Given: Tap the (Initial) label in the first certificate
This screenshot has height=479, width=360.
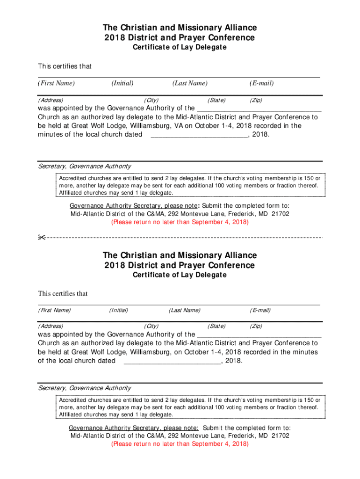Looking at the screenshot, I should (x=122, y=83).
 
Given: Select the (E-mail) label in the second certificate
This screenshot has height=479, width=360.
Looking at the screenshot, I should (x=260, y=310).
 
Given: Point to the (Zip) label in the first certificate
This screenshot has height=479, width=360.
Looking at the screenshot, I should (x=256, y=100).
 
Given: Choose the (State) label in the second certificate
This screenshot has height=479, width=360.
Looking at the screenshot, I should (x=216, y=326).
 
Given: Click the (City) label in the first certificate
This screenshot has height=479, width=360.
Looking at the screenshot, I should (x=151, y=100).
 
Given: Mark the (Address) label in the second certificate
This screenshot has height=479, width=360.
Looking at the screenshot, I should (x=51, y=326).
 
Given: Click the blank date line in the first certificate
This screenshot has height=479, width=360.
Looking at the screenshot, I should (x=199, y=135).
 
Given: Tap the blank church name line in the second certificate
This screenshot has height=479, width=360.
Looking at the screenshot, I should (x=259, y=334).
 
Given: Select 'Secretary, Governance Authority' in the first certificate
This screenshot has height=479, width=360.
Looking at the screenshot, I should (x=85, y=166).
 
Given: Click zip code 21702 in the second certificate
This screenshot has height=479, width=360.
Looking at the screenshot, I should (x=280, y=435).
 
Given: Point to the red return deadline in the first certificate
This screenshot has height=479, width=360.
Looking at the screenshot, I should (x=180, y=222).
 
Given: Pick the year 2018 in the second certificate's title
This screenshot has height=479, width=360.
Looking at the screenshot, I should (x=113, y=265).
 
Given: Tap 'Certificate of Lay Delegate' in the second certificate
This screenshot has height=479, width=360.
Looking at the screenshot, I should (x=180, y=275).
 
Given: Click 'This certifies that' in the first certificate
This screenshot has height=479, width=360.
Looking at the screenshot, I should (x=65, y=66).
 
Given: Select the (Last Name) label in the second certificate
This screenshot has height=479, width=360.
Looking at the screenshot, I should (x=185, y=310).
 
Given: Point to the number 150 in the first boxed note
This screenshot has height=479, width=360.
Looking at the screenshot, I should (x=305, y=178).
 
